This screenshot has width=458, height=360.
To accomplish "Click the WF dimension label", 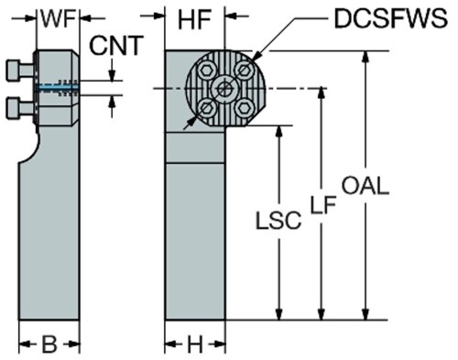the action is pos(58,19).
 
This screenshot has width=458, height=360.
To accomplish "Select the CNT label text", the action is pos(116,46).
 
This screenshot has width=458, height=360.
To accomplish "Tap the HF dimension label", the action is pos(194,20).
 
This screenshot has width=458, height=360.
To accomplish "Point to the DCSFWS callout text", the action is pos(391,18).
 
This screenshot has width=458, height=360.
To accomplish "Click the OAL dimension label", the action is pos(365,186).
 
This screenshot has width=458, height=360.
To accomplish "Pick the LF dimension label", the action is pos(323,204).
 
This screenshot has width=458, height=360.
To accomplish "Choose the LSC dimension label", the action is pos(278,220).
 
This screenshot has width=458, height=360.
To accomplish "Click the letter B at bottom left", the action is pos(49,344).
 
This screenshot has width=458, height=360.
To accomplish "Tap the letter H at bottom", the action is pos(195,344).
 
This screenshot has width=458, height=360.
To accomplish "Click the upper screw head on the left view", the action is pos(14,71).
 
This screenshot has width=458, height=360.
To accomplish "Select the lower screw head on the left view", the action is pos(14,108).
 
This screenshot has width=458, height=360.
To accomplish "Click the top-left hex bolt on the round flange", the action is pos(205,71).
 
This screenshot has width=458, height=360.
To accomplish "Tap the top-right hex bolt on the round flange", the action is pos(244,70).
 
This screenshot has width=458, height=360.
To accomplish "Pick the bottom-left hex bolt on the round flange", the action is pos(205,108).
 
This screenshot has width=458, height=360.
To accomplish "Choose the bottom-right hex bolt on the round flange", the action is pos(244,108).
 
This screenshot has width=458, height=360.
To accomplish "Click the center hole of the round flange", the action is pos(224,89).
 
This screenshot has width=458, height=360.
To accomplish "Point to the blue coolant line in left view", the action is pos(57,88).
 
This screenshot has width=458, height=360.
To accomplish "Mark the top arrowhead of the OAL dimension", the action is pos(365,58).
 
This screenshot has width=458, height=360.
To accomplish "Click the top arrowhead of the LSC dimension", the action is pos(278,132).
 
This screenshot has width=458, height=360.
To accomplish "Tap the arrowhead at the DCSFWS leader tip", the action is pos(256,57).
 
